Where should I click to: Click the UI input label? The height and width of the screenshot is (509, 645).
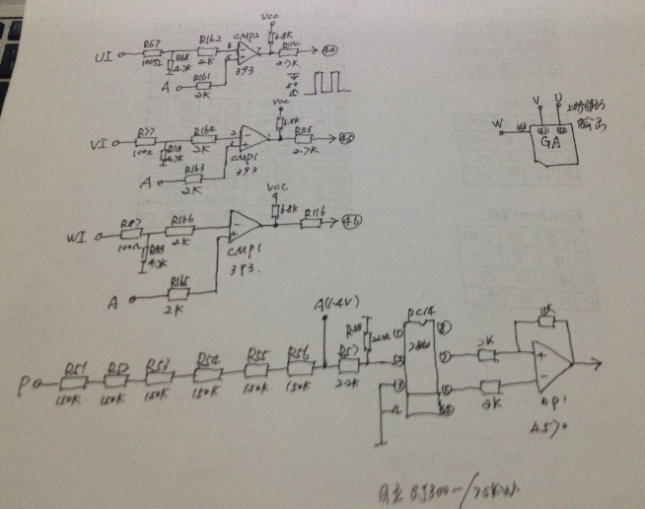(x=102, y=58)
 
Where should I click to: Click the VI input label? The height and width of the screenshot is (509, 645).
(x=98, y=144)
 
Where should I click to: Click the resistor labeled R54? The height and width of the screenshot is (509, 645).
(x=209, y=372)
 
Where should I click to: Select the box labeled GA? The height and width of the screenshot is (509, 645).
(x=551, y=144)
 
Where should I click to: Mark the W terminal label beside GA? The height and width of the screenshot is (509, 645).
(x=497, y=125)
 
